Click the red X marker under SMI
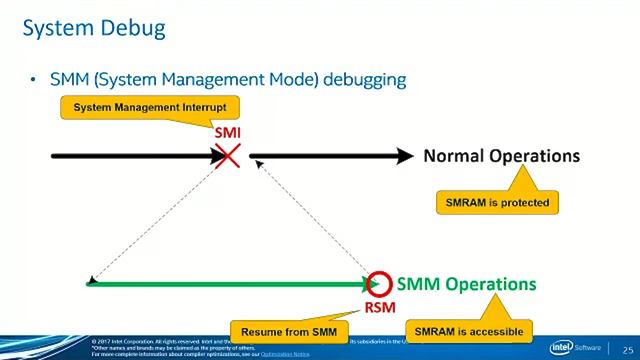228,155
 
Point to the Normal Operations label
501,156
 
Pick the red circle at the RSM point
379,284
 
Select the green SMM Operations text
466,284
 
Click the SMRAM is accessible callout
468,329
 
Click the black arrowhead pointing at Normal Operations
403,156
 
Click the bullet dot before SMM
34,78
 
